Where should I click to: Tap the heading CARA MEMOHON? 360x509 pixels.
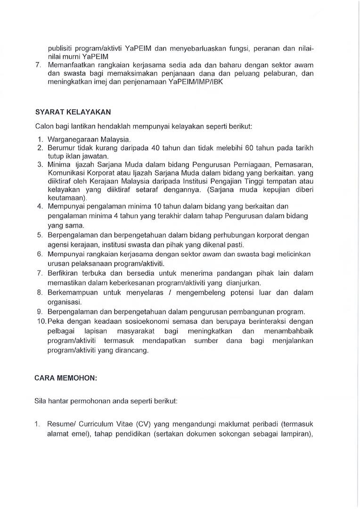click(x=64, y=378)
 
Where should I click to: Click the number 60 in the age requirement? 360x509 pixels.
click(x=264, y=148)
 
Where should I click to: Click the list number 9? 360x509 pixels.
click(x=39, y=311)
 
